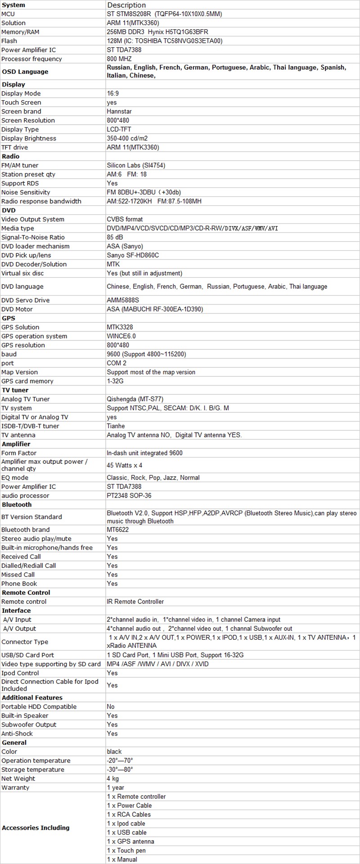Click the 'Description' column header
point(126,5)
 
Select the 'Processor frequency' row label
point(31,59)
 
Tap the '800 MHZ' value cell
point(119,59)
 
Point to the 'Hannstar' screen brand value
point(119,111)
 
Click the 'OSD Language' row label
point(25,72)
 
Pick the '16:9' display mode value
point(113,93)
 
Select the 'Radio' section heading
point(11,156)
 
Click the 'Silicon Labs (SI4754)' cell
point(136,165)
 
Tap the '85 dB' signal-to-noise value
point(115,237)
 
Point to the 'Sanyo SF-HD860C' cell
point(133,255)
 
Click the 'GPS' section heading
point(9,318)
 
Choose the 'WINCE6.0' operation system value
point(121,336)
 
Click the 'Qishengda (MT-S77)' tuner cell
point(135,399)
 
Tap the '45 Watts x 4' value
point(124,465)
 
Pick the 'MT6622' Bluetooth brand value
point(117,529)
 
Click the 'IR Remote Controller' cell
point(135,602)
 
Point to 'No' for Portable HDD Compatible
point(111,706)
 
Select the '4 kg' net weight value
point(113,778)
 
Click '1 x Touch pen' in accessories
point(126,850)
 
